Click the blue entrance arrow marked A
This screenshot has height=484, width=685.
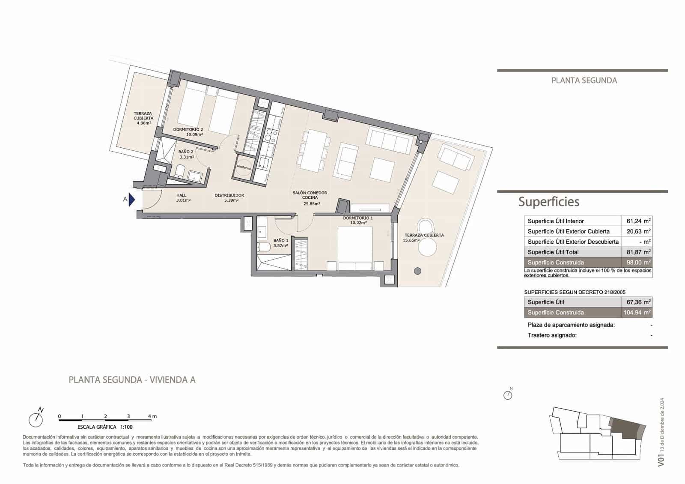click(x=131, y=200)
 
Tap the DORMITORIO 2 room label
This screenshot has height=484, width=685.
click(x=188, y=129)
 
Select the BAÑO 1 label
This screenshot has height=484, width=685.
click(x=280, y=241)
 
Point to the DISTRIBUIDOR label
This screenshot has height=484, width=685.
click(x=229, y=195)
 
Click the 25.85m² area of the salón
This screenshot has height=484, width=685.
click(x=312, y=204)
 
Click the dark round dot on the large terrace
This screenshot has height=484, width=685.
click(x=417, y=271)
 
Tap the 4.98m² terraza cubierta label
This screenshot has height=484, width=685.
click(x=143, y=123)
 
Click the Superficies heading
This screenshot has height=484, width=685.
click(x=548, y=202)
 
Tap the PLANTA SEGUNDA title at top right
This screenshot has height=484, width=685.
click(x=584, y=81)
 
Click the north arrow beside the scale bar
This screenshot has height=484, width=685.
click(x=36, y=418)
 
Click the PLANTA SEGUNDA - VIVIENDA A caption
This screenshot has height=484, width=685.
click(x=132, y=380)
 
